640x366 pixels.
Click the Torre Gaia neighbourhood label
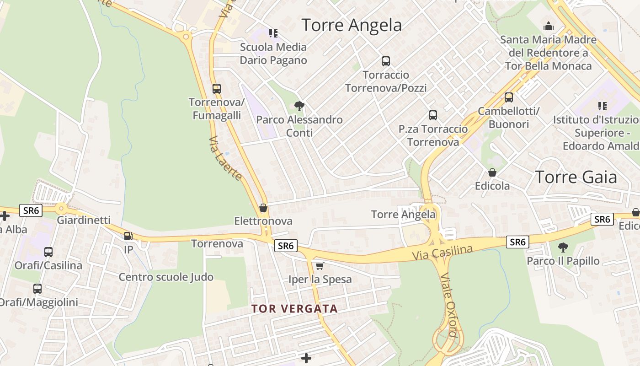coord(576,177)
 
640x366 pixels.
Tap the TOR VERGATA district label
coord(294,309)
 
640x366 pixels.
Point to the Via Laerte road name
coord(225,158)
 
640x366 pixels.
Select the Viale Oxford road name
coord(449,306)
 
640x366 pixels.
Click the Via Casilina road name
coord(442,253)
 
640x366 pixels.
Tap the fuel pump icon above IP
coord(128,236)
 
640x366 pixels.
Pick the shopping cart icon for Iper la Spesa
coord(320,266)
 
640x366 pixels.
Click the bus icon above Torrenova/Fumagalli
coord(216,89)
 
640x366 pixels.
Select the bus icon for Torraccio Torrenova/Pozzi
coord(386,61)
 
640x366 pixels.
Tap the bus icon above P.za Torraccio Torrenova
coord(433,115)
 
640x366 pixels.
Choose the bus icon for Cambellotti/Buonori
coord(509,97)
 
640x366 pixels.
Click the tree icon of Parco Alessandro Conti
coord(299,106)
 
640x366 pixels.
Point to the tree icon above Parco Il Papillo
coord(563,248)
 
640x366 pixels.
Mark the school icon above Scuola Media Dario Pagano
coord(273,33)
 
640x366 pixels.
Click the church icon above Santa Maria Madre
coord(548,26)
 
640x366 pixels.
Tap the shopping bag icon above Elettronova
coord(263,208)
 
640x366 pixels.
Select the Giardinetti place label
coord(84,220)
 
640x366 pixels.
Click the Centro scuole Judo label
coord(166,277)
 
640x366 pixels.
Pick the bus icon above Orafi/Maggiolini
coord(37,289)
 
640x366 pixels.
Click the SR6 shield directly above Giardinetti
coord(31,210)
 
